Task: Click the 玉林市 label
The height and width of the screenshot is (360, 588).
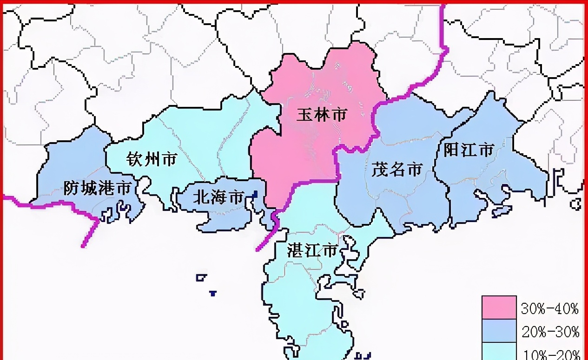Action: [x=322, y=114]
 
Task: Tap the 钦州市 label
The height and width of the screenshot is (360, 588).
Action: [x=152, y=160]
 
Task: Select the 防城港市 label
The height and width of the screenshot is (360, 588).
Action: [x=97, y=188]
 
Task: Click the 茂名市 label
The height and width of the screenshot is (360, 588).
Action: [x=396, y=169]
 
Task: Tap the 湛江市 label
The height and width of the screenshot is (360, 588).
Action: [x=312, y=251]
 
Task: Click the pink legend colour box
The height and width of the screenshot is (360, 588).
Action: [x=499, y=307]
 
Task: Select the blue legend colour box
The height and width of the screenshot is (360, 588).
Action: [x=499, y=330]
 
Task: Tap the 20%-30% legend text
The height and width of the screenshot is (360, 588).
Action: [x=550, y=331]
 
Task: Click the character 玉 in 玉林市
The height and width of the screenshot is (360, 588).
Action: [x=305, y=114]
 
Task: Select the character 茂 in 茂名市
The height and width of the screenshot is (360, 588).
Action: [x=380, y=169]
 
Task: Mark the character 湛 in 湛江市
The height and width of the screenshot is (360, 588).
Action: [x=296, y=251]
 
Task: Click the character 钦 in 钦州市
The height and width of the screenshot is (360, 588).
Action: [x=135, y=160]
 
